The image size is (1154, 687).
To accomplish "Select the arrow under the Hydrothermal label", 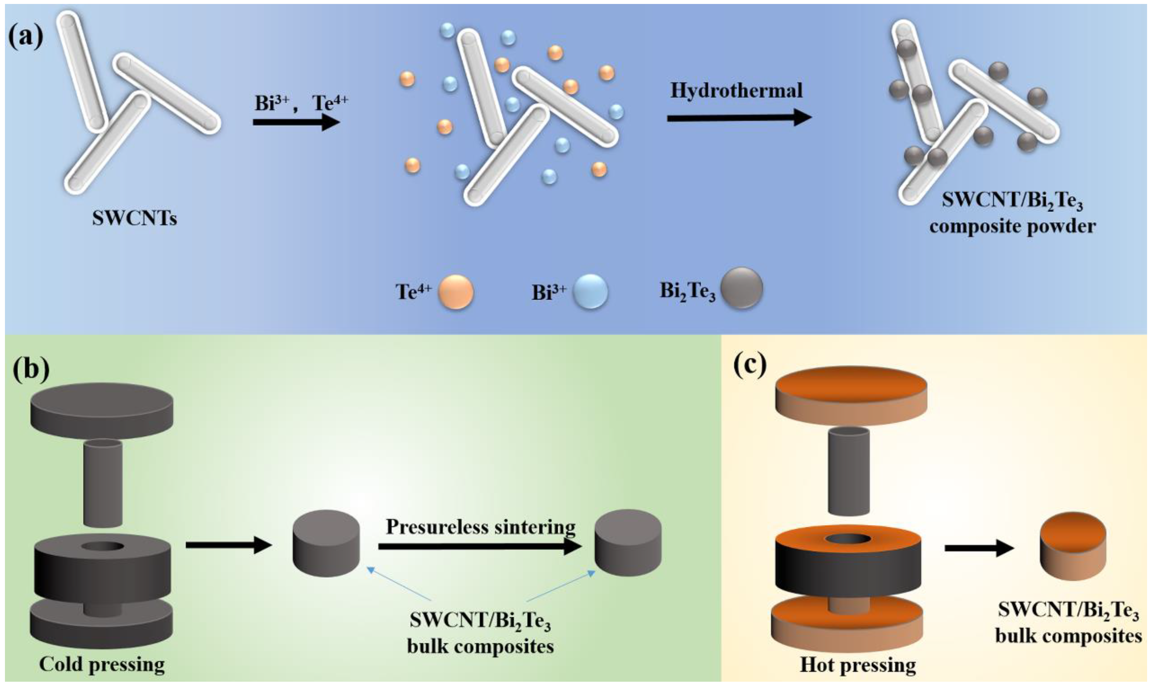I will (x=739, y=118).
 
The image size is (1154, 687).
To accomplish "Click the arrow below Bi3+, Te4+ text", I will (x=296, y=122).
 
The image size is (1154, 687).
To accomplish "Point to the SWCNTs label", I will (x=134, y=218).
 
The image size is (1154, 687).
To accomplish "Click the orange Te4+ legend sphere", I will (x=455, y=292).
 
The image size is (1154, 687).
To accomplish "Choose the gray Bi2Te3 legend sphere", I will (x=742, y=288).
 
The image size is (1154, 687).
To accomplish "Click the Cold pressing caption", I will (x=102, y=664).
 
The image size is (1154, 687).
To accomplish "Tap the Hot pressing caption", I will (x=858, y=665).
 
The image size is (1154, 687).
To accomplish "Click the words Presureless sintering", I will (x=481, y=527).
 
